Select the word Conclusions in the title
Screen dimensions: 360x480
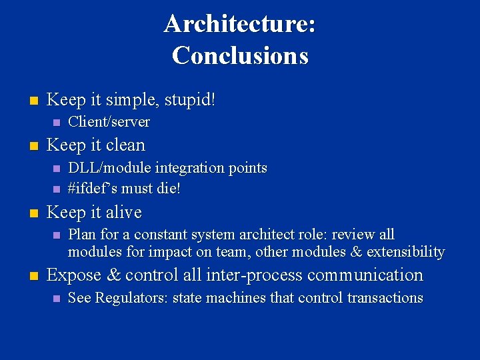pos(240,55)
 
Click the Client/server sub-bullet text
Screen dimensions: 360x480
pos(109,121)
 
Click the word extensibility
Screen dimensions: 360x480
pos(404,252)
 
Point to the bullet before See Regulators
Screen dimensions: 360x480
pos(55,299)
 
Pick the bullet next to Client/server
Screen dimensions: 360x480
pos(55,122)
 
